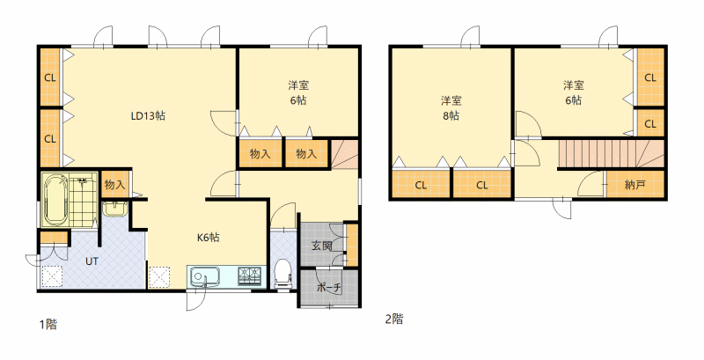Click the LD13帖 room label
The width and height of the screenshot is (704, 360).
148,116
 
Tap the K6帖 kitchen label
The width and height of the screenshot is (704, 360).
209,237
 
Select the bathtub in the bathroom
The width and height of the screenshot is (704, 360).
56,200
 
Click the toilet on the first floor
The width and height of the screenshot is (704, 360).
282,274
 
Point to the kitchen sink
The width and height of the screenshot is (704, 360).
204,276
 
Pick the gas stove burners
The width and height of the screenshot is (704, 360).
249,275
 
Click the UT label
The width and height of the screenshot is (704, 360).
92,261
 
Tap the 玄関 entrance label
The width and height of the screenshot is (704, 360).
322,246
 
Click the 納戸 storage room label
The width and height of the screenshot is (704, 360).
634,185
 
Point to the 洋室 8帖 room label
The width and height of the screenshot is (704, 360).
451,107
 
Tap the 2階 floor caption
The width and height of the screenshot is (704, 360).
393,320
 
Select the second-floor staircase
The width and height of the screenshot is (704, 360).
611,153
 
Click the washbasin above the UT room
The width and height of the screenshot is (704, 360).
115,209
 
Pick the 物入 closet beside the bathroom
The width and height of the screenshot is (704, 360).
115,184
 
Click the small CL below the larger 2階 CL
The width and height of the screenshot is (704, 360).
650,123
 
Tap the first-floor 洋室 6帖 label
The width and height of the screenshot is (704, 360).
298,92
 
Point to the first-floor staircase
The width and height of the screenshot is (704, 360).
345,153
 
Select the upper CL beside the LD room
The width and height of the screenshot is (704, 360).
50,77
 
